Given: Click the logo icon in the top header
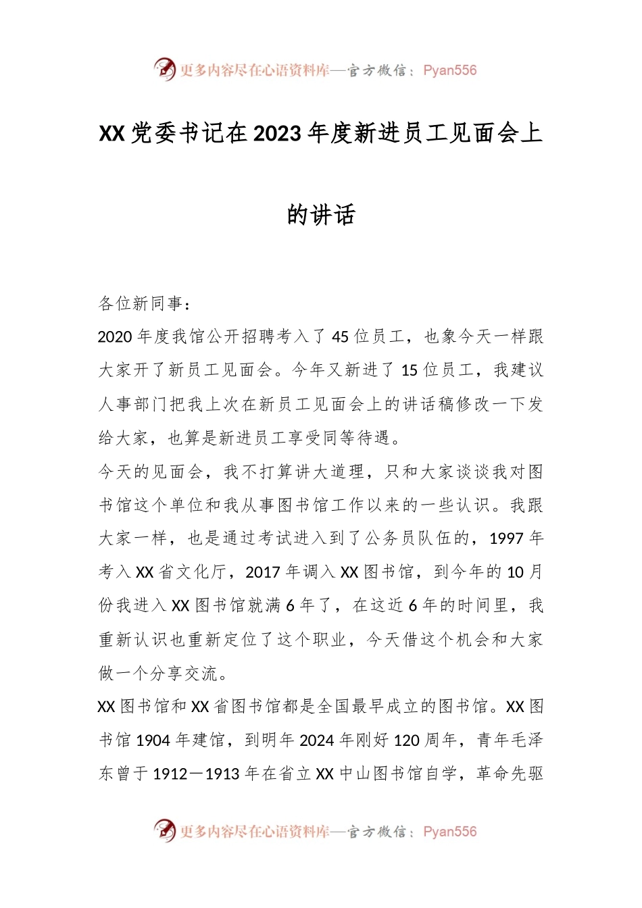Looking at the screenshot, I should (164, 69).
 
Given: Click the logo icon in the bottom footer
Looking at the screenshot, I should (164, 830).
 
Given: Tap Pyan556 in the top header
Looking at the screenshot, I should (449, 70).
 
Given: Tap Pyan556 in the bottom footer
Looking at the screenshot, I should (449, 832).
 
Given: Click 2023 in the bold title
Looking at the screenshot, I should (278, 134).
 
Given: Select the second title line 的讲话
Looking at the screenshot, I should (321, 215).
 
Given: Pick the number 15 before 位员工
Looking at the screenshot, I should (410, 370).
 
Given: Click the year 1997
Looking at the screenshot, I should (507, 538).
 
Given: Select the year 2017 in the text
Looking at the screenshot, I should (263, 572).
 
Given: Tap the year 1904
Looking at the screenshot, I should (153, 740).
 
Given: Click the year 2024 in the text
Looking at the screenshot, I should (317, 740).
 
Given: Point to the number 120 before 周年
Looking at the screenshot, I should (407, 740).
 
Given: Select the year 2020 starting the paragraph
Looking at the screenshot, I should (116, 336).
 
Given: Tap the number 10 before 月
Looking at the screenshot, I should (515, 572).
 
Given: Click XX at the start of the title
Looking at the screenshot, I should (112, 134).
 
